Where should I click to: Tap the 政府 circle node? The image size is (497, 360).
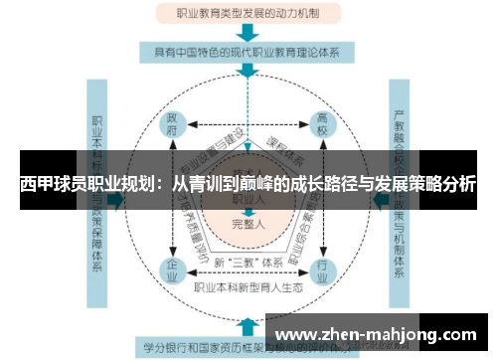click(174, 127)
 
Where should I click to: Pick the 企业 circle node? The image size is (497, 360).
click(174, 270)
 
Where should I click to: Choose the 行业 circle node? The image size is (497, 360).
click(321, 270)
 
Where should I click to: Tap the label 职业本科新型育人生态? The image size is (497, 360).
click(248, 286)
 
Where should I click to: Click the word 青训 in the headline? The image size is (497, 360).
click(207, 184)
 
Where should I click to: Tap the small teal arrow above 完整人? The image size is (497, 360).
click(248, 209)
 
